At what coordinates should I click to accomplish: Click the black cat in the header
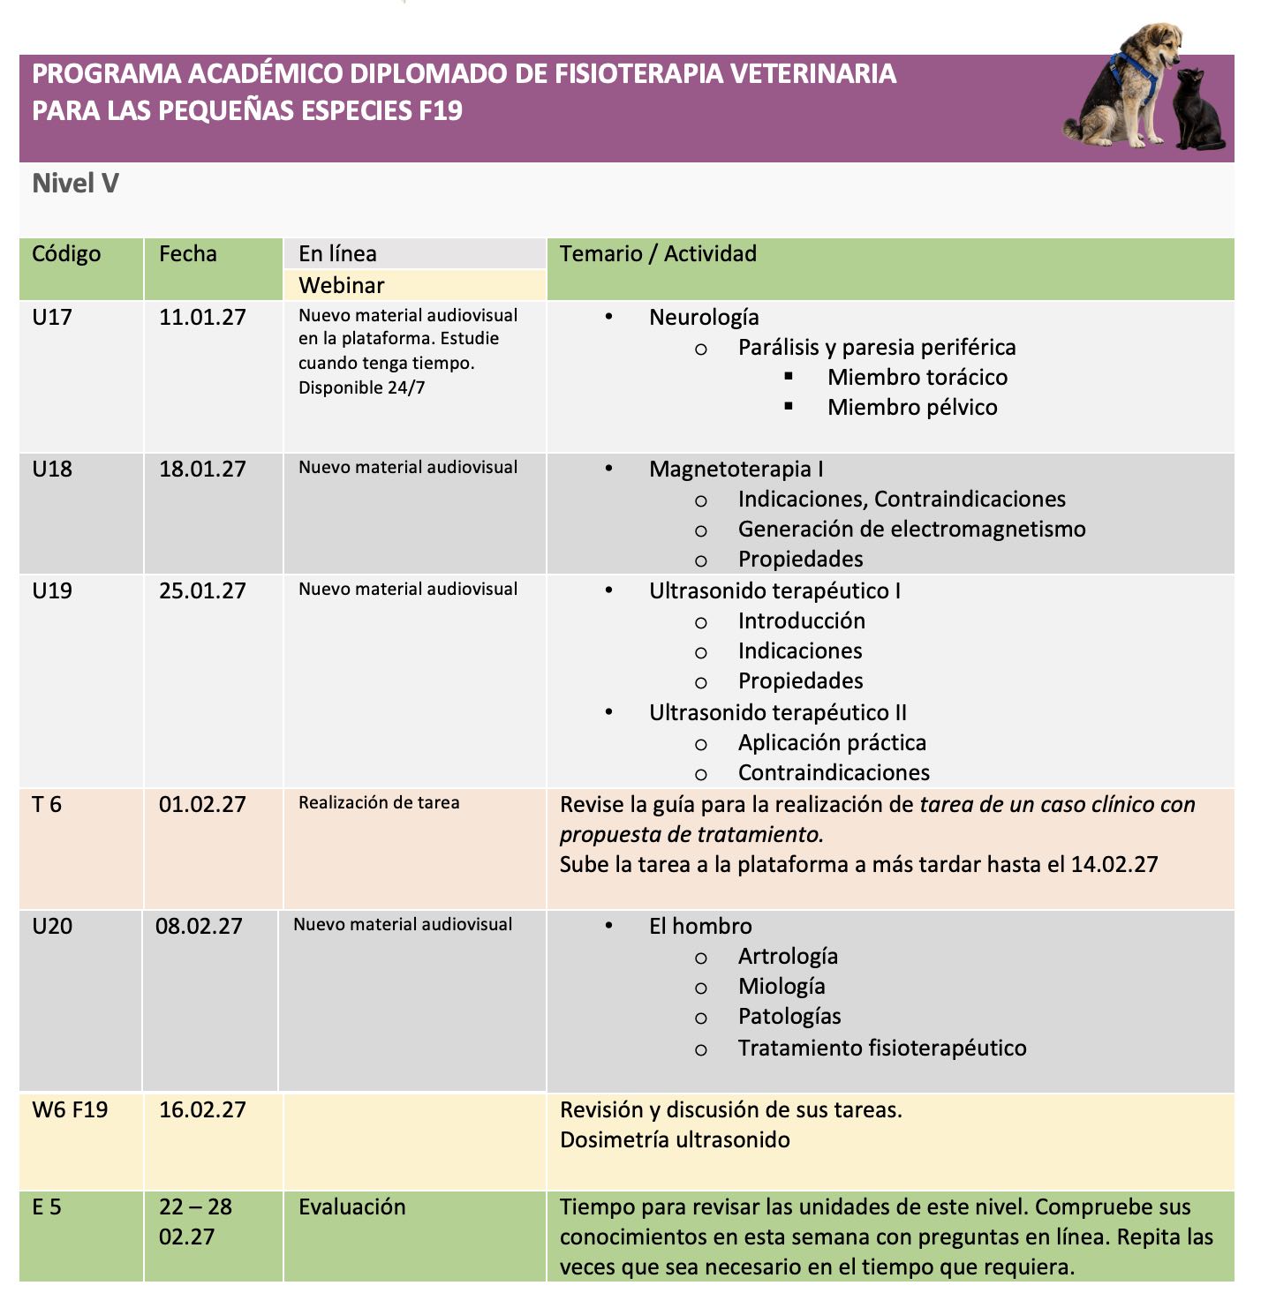1199,112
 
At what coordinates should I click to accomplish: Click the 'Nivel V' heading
75,184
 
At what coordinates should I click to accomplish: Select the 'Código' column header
66,254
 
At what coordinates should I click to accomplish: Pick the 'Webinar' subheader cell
342,285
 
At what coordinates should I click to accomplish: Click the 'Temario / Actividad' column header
658,254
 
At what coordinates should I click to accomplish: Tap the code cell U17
52,317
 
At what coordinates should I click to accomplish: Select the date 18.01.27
202,469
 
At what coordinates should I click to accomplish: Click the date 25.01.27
202,590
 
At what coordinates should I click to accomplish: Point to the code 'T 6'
47,804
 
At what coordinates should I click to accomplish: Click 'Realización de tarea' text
379,803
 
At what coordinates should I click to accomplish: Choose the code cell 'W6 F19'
70,1109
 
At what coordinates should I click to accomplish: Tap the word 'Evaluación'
351,1207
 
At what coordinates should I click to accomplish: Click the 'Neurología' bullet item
704,318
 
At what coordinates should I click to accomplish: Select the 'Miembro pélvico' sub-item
912,408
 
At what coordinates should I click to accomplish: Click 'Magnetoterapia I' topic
736,470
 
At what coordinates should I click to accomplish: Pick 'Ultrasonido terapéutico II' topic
777,713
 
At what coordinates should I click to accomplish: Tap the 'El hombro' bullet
700,927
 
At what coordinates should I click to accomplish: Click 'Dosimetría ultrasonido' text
675,1140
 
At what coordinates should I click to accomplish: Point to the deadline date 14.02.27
1114,865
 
